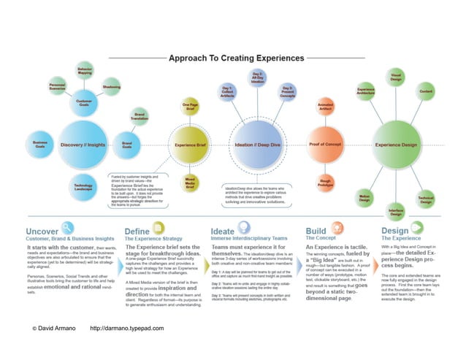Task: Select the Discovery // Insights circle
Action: pos(82,145)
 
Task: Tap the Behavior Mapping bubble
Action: pos(85,72)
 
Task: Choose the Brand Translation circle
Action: pos(140,117)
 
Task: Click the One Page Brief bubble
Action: pos(191,107)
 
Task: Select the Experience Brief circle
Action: pos(191,145)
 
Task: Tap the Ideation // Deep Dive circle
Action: pos(257,145)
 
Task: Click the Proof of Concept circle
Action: pos(326,145)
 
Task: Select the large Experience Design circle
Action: pos(397,145)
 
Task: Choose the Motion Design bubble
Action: pos(364,196)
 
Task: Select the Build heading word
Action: pos(316,231)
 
